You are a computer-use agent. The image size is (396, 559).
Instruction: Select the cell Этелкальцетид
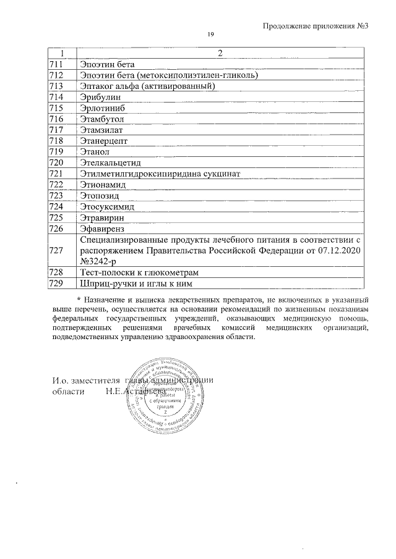pos(111,163)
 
